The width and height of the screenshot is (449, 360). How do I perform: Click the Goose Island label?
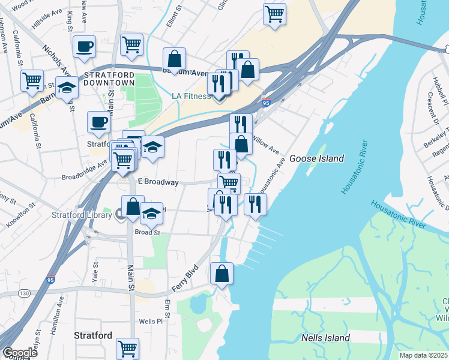point(316,158)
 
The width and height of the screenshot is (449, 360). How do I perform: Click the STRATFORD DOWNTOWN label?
point(109,79)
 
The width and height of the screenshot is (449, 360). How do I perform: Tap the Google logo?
point(20,353)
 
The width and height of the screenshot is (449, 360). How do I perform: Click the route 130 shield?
point(24,293)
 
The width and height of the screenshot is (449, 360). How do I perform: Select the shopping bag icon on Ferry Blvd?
point(221,274)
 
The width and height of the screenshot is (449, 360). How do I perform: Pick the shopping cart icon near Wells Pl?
point(127,348)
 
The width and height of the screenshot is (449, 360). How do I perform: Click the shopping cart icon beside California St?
point(32,80)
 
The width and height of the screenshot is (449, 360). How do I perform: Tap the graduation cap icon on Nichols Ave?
point(67,88)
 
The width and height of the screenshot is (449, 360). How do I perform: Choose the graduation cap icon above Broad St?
point(151,213)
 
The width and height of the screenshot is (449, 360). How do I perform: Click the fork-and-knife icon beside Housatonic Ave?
point(255,204)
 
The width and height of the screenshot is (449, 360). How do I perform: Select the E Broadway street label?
point(158,182)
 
